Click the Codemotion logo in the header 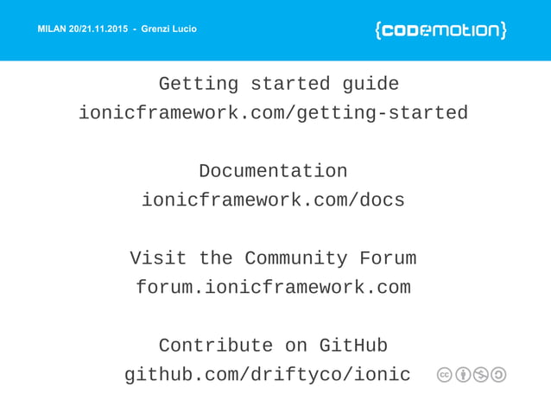(440, 30)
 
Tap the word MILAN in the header (54, 30)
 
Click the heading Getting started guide (278, 85)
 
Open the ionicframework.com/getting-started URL (273, 113)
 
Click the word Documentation (273, 171)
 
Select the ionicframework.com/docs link (273, 200)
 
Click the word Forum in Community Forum (388, 258)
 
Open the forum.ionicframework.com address (273, 288)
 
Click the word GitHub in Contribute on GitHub (353, 346)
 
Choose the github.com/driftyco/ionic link (268, 375)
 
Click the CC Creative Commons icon (445, 375)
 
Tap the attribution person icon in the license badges (463, 375)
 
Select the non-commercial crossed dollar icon (481, 375)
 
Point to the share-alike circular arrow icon (498, 375)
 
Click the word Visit (158, 258)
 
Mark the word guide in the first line (370, 85)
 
